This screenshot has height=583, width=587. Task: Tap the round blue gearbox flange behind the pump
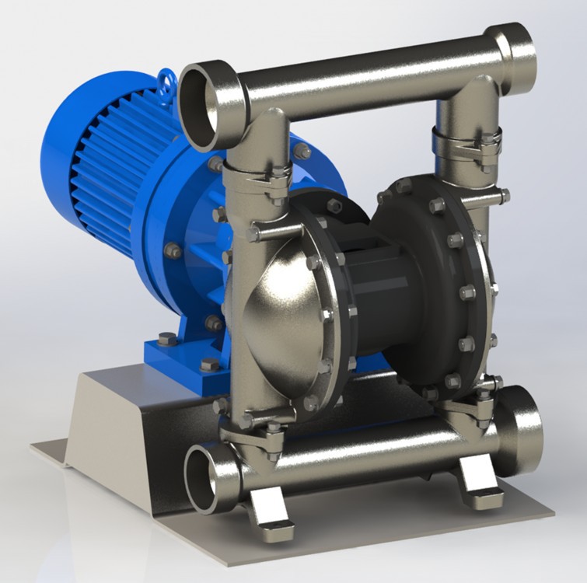pos(179,233)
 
